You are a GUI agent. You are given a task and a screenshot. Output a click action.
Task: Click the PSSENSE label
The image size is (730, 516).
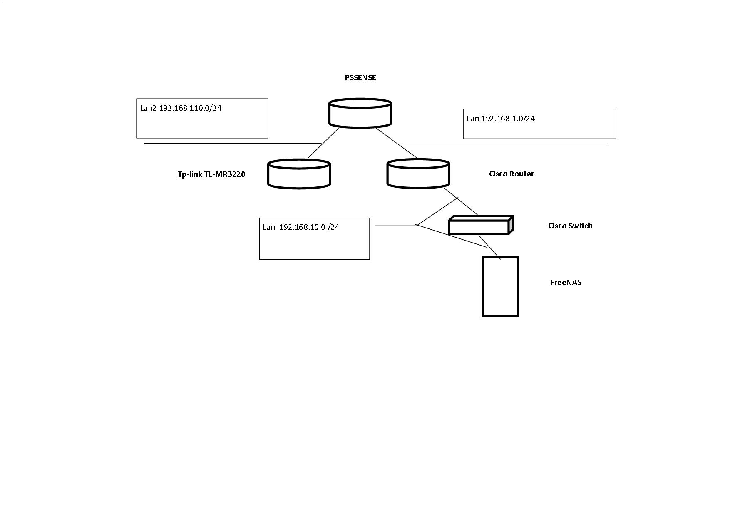(x=360, y=78)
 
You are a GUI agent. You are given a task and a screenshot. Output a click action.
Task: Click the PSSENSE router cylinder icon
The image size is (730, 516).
(x=360, y=113)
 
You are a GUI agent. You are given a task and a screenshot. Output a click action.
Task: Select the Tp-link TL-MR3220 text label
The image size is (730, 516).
(x=211, y=174)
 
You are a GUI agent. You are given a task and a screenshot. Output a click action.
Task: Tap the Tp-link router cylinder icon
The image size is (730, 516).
(x=299, y=174)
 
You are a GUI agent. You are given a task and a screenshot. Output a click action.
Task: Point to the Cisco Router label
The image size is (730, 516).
(x=511, y=174)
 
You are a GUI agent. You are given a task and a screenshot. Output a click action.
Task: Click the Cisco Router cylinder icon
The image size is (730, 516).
(x=418, y=173)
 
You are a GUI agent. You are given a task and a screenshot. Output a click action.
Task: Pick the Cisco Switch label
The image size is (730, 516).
(x=570, y=226)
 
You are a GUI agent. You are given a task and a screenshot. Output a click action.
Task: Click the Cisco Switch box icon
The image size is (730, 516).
(x=480, y=226)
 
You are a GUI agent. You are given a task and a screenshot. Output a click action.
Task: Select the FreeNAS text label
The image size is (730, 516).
(x=566, y=283)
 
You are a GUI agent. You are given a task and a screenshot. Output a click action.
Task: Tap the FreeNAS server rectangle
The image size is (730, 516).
(x=500, y=287)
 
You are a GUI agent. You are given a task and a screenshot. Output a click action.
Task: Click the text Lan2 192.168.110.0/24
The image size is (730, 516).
(x=181, y=108)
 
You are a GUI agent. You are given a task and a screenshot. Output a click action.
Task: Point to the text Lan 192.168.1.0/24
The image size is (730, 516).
(x=501, y=119)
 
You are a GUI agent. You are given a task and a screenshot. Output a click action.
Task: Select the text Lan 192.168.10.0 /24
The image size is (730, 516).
(x=301, y=227)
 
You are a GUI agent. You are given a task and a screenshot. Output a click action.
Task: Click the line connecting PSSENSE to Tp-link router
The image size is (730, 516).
(x=323, y=144)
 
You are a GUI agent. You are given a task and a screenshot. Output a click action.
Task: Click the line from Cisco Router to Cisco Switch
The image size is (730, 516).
(x=461, y=202)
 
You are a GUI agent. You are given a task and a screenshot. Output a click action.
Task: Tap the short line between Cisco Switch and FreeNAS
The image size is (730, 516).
(x=489, y=247)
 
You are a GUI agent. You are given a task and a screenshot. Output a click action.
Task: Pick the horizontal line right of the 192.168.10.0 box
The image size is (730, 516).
(x=395, y=226)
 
